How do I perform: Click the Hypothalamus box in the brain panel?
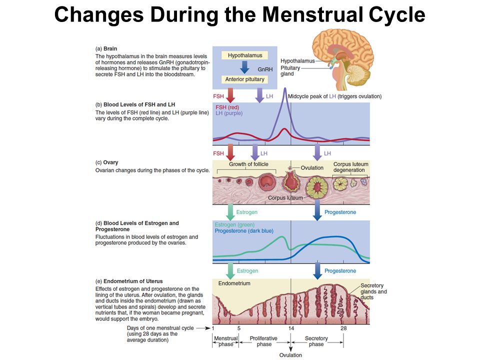point(245,55)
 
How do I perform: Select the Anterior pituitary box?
point(245,79)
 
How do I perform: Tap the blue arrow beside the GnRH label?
point(244,67)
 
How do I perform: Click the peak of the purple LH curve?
point(285,89)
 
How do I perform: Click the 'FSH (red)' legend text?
point(227,107)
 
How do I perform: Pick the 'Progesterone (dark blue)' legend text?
point(244,231)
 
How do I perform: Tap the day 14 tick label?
point(291,328)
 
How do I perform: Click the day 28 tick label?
point(344,328)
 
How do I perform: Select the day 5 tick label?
point(239,328)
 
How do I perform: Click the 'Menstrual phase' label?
point(226,341)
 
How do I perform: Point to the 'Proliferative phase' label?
point(263,341)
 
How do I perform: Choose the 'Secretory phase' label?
point(316,341)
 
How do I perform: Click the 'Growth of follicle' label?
point(248,164)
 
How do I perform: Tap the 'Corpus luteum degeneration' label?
point(350,167)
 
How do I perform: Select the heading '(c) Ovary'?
point(106,162)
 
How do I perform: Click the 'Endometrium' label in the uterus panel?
point(234,283)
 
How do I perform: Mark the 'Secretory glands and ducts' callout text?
point(373,291)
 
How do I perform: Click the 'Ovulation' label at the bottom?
point(290,355)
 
